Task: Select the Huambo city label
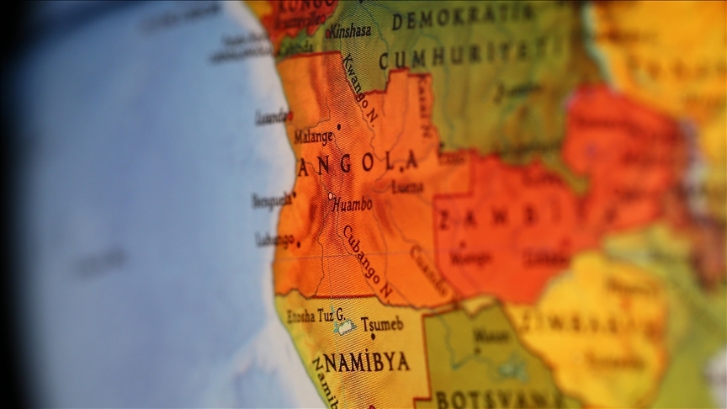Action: [353, 204]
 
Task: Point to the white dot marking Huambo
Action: [330, 196]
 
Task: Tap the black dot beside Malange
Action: [338, 127]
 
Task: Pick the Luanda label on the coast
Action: [272, 117]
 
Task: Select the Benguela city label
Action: [272, 200]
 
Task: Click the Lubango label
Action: [276, 239]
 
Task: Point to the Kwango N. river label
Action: [359, 90]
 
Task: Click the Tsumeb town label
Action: [382, 323]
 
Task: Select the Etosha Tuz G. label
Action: [316, 316]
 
